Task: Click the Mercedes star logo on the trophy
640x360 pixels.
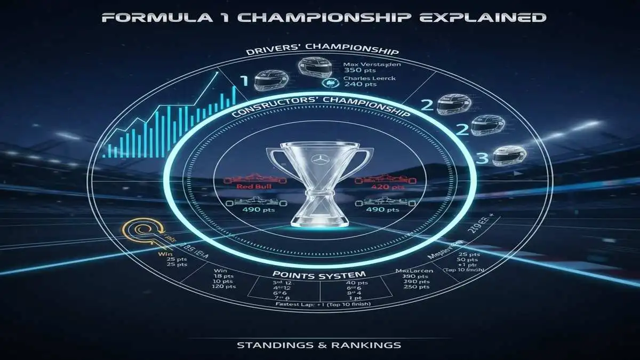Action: click(320, 159)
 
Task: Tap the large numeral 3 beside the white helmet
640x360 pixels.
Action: click(483, 159)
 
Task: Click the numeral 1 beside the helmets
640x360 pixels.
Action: click(244, 81)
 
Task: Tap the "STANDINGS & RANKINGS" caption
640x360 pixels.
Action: click(319, 345)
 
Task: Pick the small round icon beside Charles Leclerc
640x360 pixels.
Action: click(327, 83)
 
